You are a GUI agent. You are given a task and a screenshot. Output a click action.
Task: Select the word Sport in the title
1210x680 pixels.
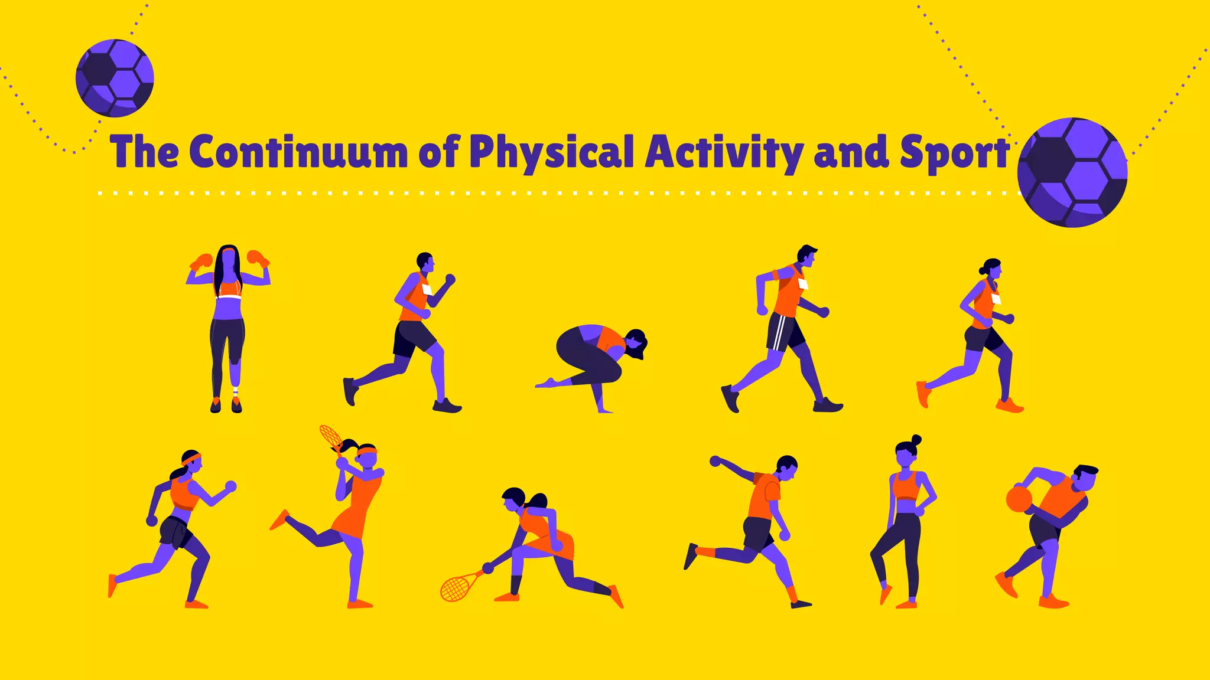[954, 152]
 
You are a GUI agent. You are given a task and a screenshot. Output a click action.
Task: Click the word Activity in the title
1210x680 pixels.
[724, 152]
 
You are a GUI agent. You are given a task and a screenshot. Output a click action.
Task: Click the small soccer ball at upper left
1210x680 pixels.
[115, 77]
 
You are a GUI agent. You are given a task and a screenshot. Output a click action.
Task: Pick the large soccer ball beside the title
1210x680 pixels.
[1072, 172]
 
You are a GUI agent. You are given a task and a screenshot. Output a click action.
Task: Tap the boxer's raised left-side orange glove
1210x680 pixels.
[202, 261]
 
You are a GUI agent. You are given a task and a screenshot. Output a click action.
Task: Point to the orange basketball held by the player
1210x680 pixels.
[1019, 499]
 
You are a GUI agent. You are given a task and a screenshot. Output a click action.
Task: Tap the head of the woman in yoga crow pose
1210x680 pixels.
[636, 345]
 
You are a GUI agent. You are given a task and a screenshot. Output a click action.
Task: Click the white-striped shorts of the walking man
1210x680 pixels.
[785, 332]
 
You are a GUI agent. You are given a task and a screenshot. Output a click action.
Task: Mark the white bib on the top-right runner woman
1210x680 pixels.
[997, 299]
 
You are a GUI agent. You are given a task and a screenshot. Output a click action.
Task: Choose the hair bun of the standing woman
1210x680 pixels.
[916, 439]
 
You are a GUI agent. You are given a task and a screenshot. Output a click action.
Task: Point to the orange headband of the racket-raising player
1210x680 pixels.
[367, 452]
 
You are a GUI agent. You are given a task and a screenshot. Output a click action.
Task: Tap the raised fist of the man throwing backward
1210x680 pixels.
[715, 461]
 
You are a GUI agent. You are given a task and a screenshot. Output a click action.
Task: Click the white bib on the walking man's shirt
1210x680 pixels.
[802, 284]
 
